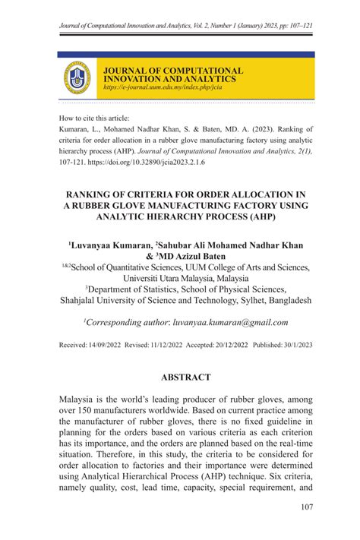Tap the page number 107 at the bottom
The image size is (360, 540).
click(x=307, y=507)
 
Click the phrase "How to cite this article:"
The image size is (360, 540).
click(x=94, y=118)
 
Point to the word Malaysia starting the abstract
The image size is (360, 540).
click(x=83, y=399)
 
